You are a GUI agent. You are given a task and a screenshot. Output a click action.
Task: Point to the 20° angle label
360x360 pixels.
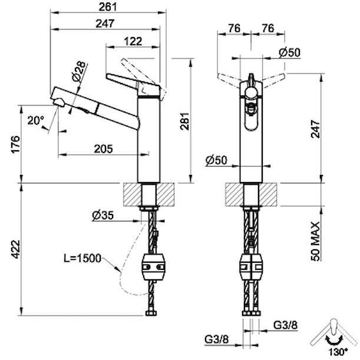(35, 120)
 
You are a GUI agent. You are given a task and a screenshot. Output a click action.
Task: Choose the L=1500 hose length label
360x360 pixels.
(81, 258)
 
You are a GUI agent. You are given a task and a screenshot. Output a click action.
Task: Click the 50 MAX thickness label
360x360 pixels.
(316, 241)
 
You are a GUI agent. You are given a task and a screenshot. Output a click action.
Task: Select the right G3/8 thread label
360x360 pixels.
(285, 325)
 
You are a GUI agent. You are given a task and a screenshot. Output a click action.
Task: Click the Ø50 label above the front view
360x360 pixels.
(290, 52)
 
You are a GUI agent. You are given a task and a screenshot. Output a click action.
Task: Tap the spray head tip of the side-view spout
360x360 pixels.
(57, 101)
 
